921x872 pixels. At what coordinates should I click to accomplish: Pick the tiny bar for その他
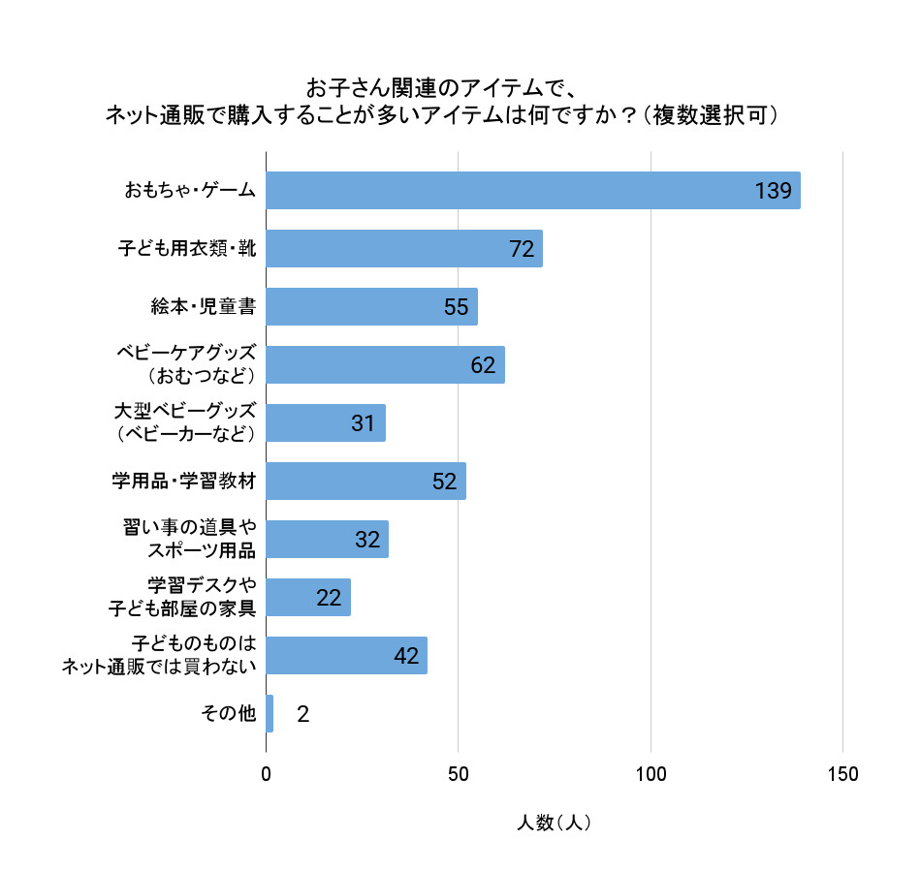(x=270, y=714)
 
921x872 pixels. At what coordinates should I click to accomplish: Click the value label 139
(x=774, y=191)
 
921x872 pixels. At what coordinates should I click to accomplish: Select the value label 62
(x=483, y=365)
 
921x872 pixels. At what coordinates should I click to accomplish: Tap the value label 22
(x=329, y=598)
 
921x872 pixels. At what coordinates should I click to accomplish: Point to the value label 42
(x=406, y=656)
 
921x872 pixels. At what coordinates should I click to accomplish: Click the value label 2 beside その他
(x=302, y=714)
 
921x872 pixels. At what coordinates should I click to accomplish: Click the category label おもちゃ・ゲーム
(x=190, y=191)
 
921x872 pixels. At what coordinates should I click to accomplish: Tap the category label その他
(x=228, y=714)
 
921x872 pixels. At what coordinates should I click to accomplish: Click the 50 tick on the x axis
(x=459, y=774)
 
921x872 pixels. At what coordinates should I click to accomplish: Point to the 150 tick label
(x=842, y=774)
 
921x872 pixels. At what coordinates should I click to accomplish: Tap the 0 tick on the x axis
(x=267, y=774)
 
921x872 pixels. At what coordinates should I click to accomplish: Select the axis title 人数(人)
(x=554, y=823)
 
